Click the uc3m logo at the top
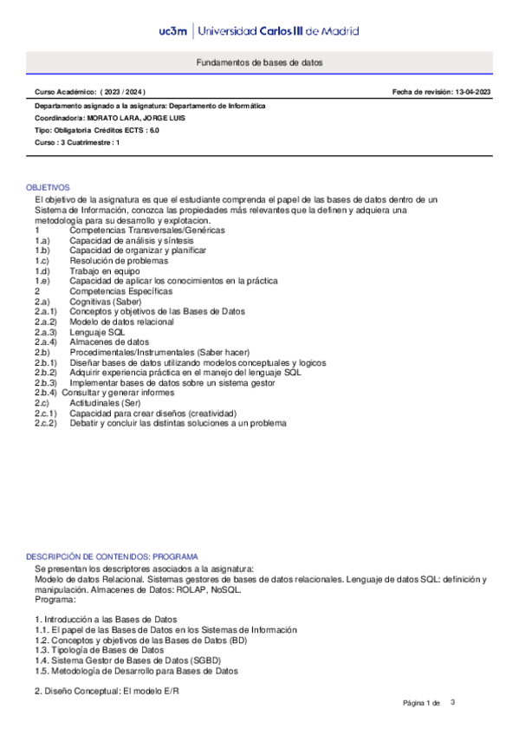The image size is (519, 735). (x=176, y=31)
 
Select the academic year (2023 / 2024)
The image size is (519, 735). (x=123, y=92)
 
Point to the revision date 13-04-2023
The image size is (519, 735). (x=473, y=92)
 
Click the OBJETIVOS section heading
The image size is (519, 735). (x=48, y=187)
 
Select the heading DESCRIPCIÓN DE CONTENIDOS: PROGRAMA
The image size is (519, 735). (x=112, y=556)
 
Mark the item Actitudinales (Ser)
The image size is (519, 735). (x=108, y=403)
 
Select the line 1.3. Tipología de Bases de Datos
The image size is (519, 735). (x=100, y=650)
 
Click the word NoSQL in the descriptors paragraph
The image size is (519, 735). (x=226, y=589)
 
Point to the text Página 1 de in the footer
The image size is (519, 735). (x=423, y=702)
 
